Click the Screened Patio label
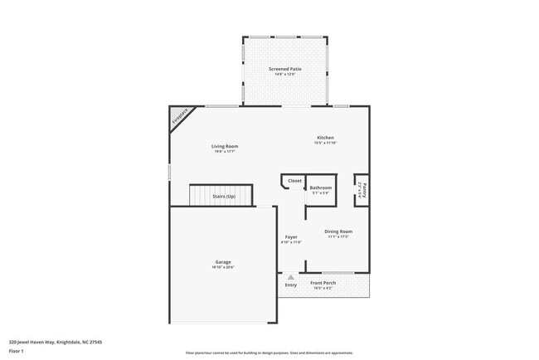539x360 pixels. (x=284, y=69)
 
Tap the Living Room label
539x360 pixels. (x=225, y=146)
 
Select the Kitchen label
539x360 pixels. (x=325, y=138)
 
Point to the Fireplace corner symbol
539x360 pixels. (x=179, y=117)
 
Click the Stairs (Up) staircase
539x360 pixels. (x=220, y=196)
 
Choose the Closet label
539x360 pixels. (x=294, y=181)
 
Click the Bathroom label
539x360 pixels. (x=321, y=187)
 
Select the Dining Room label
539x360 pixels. (x=337, y=231)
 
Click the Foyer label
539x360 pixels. (x=291, y=236)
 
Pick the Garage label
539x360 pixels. (x=223, y=262)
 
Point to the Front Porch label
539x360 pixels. (x=322, y=283)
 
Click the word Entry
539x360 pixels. (x=290, y=285)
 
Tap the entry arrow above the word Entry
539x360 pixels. (x=290, y=278)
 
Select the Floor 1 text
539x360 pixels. (x=17, y=351)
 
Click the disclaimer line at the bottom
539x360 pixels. (x=269, y=353)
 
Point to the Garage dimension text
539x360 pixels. (x=223, y=268)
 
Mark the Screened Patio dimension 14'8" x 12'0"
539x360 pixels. (x=284, y=75)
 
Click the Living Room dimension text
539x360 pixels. (x=225, y=152)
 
